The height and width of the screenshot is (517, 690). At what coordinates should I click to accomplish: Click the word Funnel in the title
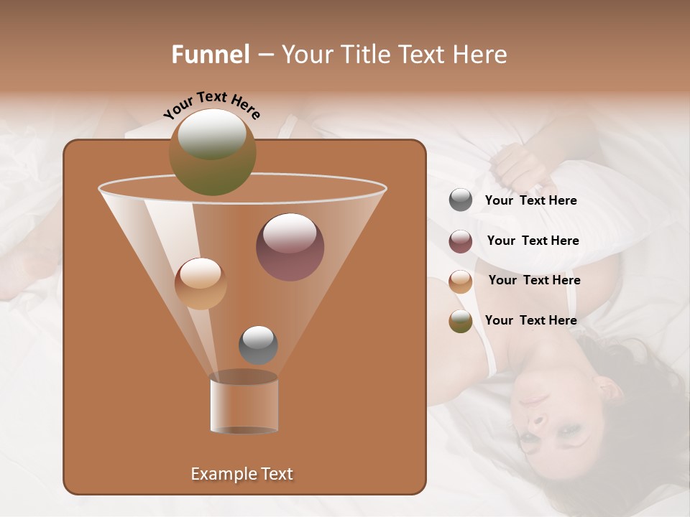(x=210, y=55)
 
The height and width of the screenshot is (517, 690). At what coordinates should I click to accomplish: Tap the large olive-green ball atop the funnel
(x=213, y=152)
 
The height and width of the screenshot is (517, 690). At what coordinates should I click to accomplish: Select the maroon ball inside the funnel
(x=290, y=247)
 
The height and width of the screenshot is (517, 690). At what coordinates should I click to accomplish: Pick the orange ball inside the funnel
(x=201, y=284)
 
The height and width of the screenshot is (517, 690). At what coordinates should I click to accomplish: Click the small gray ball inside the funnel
(x=258, y=345)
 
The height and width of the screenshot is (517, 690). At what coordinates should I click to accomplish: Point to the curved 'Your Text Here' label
(x=211, y=105)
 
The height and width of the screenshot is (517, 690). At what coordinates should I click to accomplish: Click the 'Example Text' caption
(x=241, y=474)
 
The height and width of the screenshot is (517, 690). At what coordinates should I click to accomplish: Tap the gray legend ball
(x=461, y=200)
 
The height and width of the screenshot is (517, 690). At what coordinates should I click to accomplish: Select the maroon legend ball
(x=461, y=241)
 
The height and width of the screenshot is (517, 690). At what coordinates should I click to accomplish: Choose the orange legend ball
(x=461, y=281)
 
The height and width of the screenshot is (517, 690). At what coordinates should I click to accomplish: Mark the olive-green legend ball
(x=461, y=321)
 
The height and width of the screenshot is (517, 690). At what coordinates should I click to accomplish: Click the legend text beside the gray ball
(x=530, y=200)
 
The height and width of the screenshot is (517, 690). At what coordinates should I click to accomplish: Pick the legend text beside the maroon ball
(x=533, y=241)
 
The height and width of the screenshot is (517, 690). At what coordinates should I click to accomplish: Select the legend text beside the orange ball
(x=534, y=280)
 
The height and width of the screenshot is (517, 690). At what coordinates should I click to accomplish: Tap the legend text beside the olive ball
(x=530, y=320)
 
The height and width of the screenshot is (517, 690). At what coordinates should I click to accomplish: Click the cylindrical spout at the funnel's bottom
(x=244, y=404)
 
